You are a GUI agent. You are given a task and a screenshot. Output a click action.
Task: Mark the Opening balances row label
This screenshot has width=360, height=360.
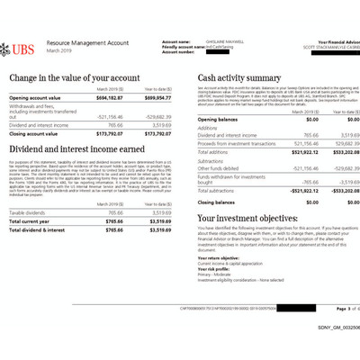tap(219, 118)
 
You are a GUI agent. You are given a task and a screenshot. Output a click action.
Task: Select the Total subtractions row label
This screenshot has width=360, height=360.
tap(220, 191)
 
